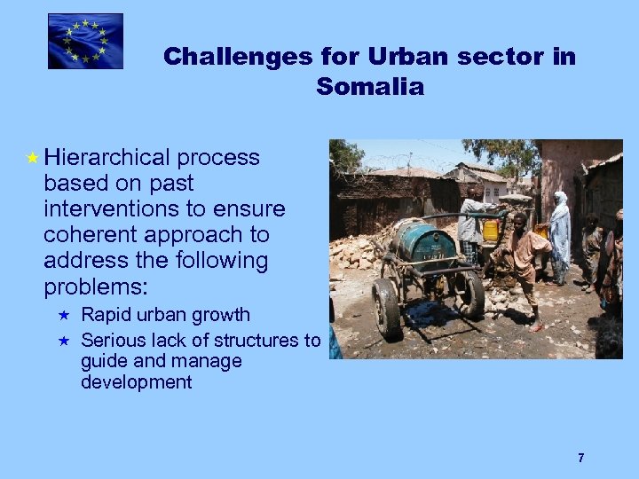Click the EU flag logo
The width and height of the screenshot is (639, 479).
pos(85,41)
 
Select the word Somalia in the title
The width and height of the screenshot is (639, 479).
pos(369,87)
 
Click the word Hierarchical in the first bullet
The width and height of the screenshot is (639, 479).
pos(106,158)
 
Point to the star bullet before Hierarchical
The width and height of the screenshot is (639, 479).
pos(32,159)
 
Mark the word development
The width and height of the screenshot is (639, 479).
pos(136,382)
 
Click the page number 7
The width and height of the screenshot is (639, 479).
pos(580,458)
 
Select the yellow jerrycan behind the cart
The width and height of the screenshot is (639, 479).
pos(490,231)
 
